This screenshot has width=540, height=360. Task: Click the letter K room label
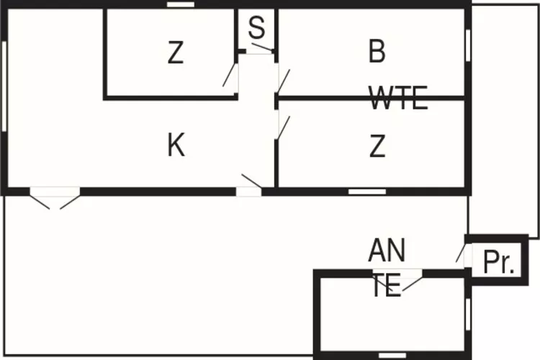point(176,146)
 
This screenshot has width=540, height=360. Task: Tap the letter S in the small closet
point(257,29)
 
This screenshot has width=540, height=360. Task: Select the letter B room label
point(377,52)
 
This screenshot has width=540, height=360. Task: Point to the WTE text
point(398,98)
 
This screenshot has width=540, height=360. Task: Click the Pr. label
point(499,264)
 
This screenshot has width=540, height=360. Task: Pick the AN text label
point(387,251)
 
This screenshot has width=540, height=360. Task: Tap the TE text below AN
point(387,287)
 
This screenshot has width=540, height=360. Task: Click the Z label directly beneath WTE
point(377,146)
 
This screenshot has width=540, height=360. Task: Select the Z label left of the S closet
point(175,53)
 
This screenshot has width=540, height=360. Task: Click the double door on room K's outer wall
point(55,197)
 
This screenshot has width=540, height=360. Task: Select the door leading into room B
point(282,79)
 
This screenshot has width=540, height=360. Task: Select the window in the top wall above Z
point(181,4)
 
